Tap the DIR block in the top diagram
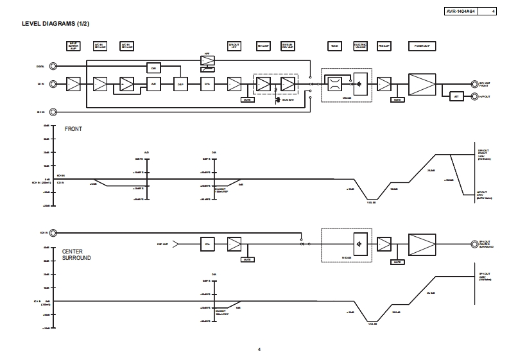pos(153,68)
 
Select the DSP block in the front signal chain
pos(180,84)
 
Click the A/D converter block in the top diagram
pos(153,84)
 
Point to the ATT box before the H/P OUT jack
pos(456,96)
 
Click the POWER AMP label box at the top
pos(422,46)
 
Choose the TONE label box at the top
pos(334,46)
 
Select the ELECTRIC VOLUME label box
pos(361,46)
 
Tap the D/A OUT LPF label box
pos(234,46)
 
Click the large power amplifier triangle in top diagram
pos(422,83)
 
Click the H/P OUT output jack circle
pos(474,96)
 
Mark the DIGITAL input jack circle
pos(53,66)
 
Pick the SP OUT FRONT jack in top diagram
pos(474,83)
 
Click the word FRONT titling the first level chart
pos(73,129)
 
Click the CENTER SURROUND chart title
pos(76,254)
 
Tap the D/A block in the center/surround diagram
pos(208,244)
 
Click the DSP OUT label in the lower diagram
pos(162,244)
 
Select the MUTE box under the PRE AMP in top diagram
pos(397,99)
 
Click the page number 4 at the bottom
pos(259,349)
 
